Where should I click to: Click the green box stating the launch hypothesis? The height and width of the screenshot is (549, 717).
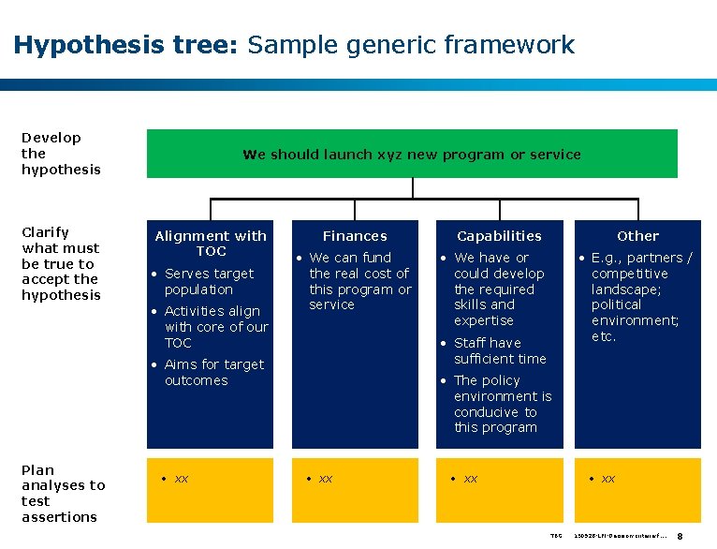coord(412,155)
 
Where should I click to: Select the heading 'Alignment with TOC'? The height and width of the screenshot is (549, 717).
coord(211,244)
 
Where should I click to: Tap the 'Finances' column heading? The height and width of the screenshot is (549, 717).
coord(355,236)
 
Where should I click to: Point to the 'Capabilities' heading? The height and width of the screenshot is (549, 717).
coord(499,236)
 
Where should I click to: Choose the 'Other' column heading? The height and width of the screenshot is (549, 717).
coord(637,236)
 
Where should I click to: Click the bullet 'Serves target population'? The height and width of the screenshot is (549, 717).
coord(208,281)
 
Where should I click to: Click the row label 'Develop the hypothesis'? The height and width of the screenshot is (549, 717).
coord(61,153)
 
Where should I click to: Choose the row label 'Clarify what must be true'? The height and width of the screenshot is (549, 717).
coord(61,263)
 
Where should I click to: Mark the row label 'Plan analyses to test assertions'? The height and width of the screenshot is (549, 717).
coord(63,493)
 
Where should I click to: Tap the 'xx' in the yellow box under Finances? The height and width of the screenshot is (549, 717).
coord(325,479)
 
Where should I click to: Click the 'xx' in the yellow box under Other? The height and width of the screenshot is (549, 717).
coord(607,479)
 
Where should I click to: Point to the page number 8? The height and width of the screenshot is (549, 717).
coord(692,536)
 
